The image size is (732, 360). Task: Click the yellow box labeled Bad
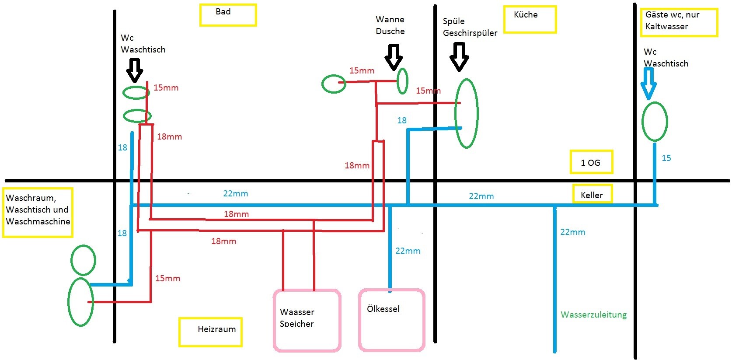pyautogui.click(x=228, y=15)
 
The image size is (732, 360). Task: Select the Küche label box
pyautogui.click(x=530, y=19)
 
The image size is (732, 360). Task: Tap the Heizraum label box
pyautogui.click(x=210, y=332)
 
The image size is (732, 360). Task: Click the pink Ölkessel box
pyautogui.click(x=391, y=320)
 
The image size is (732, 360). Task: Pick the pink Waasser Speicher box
pyautogui.click(x=307, y=320)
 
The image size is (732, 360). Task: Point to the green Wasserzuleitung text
pyautogui.click(x=593, y=315)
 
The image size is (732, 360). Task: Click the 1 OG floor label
pyautogui.click(x=591, y=162)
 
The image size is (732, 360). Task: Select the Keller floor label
pyautogui.click(x=592, y=194)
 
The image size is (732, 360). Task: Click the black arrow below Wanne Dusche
pyautogui.click(x=394, y=56)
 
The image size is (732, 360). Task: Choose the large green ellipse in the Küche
pyautogui.click(x=467, y=114)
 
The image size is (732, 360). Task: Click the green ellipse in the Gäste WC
pyautogui.click(x=654, y=122)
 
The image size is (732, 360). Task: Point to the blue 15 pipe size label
pyautogui.click(x=666, y=158)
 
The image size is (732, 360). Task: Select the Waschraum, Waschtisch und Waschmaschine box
pyautogui.click(x=38, y=213)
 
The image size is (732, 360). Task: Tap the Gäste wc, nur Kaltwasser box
pyautogui.click(x=678, y=22)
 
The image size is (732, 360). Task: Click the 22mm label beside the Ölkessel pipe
pyautogui.click(x=408, y=251)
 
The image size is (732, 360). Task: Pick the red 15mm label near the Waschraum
pyautogui.click(x=167, y=278)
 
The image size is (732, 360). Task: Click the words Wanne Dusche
pyautogui.click(x=390, y=25)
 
